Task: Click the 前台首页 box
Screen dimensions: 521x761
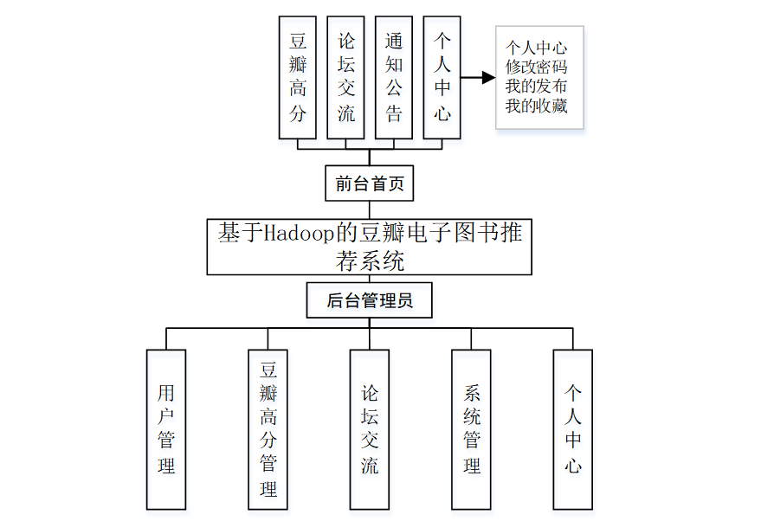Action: click(370, 183)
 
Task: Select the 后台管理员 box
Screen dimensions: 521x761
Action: click(370, 301)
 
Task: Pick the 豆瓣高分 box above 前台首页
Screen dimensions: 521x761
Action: click(298, 78)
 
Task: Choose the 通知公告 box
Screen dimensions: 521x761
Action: click(394, 78)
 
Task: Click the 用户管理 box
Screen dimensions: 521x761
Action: click(166, 429)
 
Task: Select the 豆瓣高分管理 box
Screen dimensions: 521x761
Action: click(268, 429)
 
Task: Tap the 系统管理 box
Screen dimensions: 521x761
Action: click(472, 429)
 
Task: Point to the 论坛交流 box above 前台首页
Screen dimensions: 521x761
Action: click(346, 78)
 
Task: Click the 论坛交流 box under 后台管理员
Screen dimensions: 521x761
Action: click(370, 429)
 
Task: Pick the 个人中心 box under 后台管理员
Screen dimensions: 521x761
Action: click(573, 429)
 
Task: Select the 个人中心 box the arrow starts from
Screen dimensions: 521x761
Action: click(442, 78)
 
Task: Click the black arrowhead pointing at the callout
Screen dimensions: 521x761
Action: click(488, 78)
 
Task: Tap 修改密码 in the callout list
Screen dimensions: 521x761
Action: click(538, 66)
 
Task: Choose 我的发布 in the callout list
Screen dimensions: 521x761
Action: click(538, 86)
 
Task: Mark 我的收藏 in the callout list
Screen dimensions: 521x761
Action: click(538, 106)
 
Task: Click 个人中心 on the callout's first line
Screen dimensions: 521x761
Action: click(538, 46)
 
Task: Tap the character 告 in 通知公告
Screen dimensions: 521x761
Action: click(394, 114)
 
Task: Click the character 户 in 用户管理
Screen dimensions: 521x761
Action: click(166, 415)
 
